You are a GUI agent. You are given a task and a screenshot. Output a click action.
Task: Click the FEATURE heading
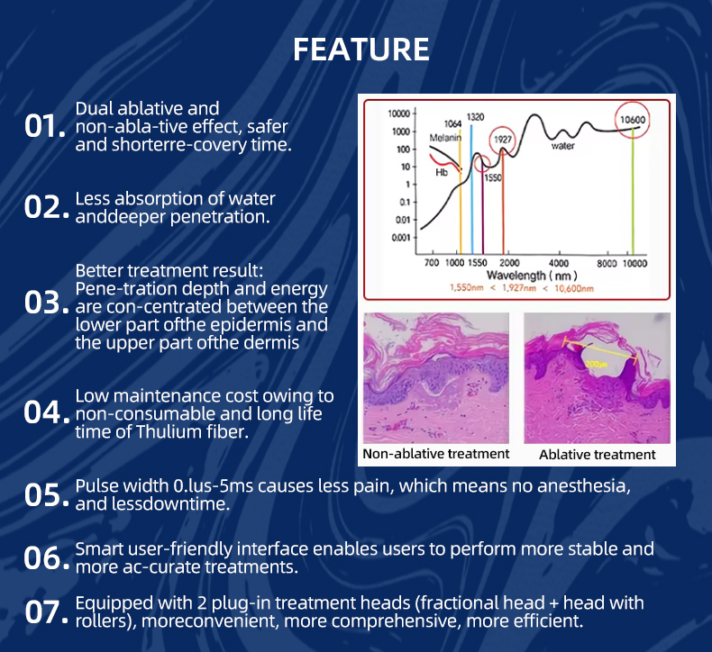click(361, 49)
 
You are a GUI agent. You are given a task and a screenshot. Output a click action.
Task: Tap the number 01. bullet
click(45, 126)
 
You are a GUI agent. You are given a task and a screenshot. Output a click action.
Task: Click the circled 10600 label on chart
click(633, 120)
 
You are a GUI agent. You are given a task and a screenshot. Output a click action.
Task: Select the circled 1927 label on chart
click(503, 140)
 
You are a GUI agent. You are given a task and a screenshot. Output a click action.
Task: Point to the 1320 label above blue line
click(476, 117)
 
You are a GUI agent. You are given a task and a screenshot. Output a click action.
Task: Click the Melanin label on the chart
click(445, 138)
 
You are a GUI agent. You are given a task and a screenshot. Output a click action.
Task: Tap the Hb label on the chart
click(442, 172)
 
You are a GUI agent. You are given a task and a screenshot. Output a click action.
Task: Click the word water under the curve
click(563, 146)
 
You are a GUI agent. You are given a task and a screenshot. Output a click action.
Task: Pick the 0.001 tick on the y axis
click(401, 238)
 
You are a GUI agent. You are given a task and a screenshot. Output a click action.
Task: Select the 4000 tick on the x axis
click(559, 263)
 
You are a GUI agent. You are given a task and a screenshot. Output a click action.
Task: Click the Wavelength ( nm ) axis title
click(532, 276)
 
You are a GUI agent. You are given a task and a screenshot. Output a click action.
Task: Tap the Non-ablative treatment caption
click(436, 454)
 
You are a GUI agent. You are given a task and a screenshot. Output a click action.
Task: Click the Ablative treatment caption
click(598, 455)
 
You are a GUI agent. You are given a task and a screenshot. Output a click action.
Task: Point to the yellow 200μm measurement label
click(597, 364)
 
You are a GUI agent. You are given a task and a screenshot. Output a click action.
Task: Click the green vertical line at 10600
click(633, 192)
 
